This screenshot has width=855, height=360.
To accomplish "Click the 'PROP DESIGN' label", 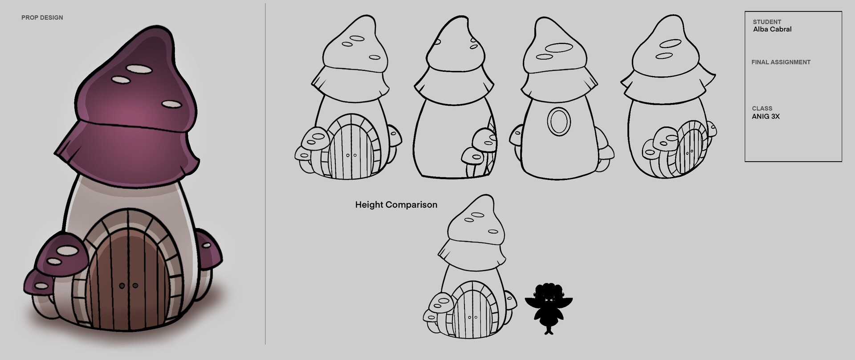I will coord(42,18).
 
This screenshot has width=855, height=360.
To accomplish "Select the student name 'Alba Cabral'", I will coord(772,29).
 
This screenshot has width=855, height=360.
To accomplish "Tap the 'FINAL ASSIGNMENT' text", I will coord(781,62).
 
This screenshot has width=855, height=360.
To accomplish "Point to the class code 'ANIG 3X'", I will coord(765,117).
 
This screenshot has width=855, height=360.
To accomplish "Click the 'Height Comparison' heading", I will coord(396,205).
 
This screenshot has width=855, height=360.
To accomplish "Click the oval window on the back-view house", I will coord(558,121).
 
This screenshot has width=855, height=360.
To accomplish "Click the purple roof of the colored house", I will coord(129,111).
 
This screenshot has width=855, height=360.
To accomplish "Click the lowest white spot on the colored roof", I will coord(171,104).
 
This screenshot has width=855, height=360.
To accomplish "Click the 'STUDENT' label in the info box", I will coord(767,22).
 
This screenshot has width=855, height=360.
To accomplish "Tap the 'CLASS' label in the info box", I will coord(762,108).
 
